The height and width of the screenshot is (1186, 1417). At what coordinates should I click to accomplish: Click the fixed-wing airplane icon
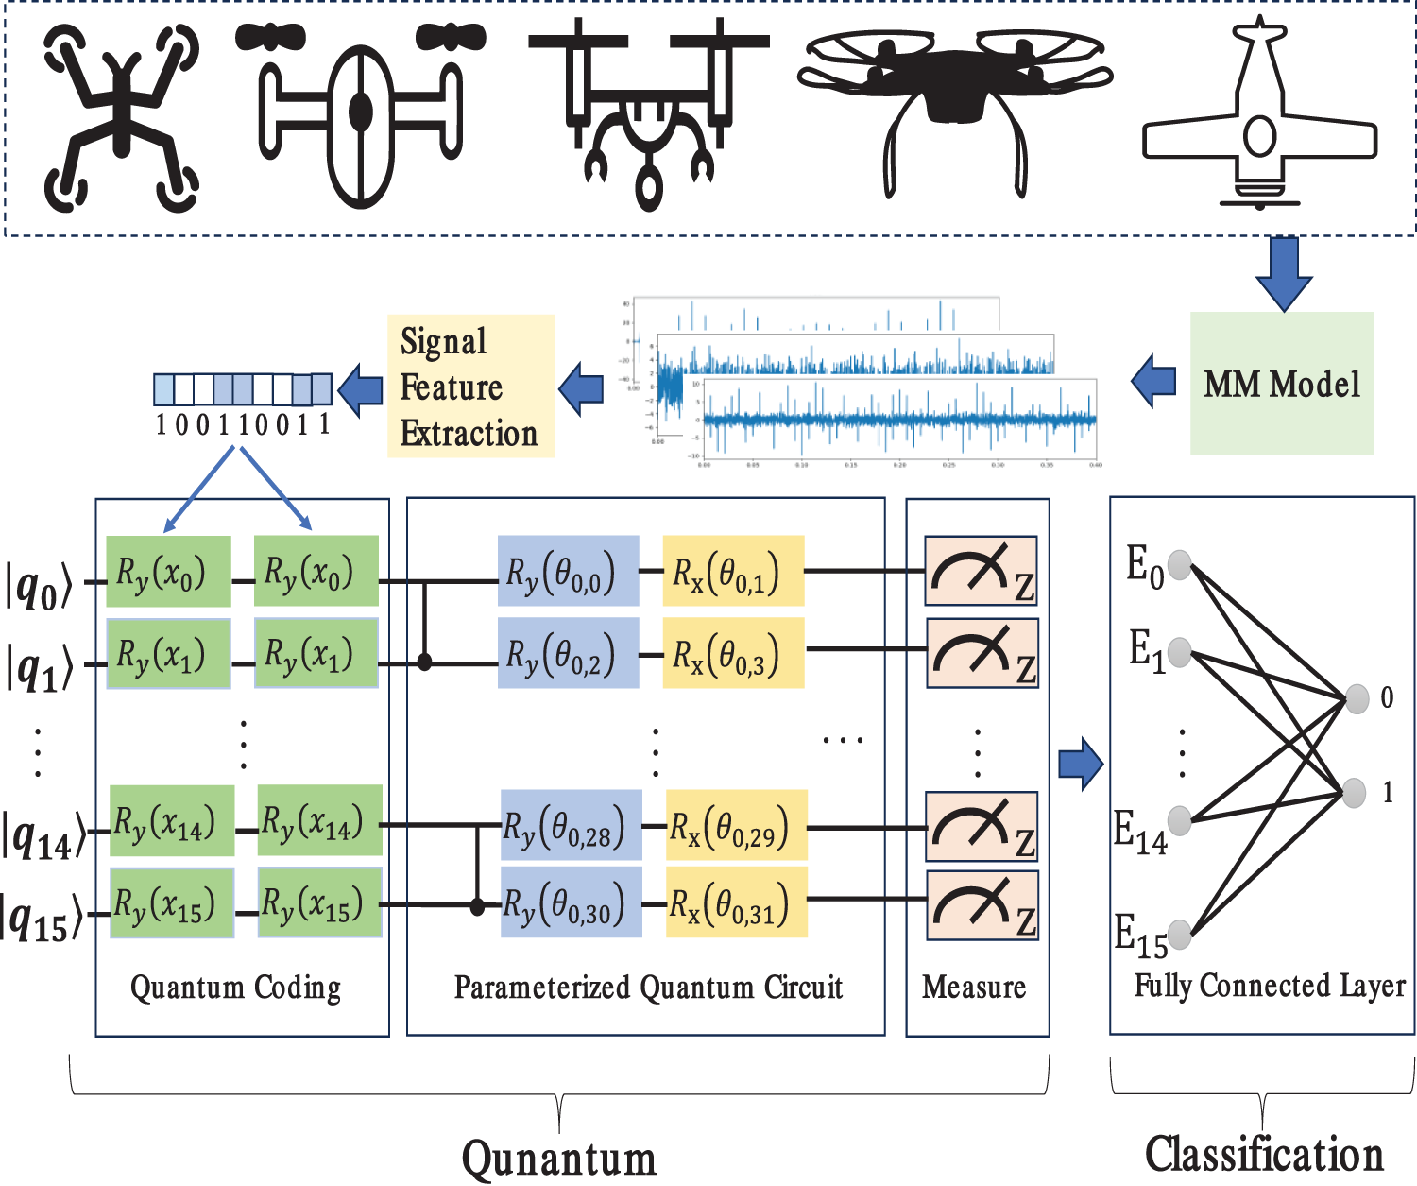(1259, 118)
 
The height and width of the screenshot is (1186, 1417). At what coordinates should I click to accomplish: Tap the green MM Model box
(1281, 384)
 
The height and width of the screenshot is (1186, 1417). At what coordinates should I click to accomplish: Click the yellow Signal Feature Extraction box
(470, 387)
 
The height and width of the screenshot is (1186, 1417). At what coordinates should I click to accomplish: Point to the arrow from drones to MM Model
(1283, 273)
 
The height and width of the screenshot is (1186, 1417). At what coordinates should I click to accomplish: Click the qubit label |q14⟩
(42, 835)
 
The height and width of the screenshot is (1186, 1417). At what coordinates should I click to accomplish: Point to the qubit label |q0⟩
(38, 586)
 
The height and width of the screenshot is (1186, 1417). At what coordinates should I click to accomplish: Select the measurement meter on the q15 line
(982, 905)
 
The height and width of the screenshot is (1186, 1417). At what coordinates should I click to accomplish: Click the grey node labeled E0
(1179, 564)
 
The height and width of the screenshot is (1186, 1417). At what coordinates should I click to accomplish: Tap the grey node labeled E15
(1179, 934)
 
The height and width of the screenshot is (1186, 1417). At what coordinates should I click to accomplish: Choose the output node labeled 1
(1355, 792)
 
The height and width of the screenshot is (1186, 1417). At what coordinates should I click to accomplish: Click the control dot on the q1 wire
(425, 662)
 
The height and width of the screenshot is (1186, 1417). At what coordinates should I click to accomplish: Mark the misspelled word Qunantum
(558, 1159)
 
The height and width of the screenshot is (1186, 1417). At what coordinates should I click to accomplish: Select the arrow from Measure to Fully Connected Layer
(1081, 764)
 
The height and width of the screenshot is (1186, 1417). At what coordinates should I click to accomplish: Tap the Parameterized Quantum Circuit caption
(648, 988)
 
